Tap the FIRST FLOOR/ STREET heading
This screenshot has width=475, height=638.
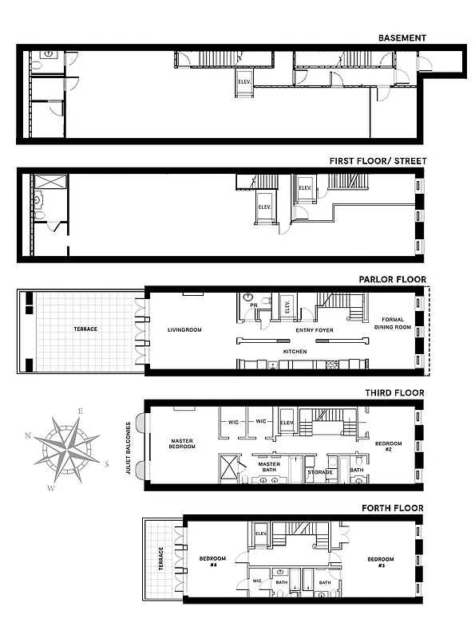(378, 161)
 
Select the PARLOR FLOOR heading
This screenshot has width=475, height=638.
(392, 280)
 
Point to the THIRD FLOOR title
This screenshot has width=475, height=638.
(394, 393)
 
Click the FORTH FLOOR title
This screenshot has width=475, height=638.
(394, 508)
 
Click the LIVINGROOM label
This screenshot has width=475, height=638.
(184, 329)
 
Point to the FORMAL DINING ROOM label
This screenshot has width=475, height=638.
(391, 323)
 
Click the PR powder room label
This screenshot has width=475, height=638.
(252, 304)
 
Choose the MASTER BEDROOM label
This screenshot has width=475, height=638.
(182, 443)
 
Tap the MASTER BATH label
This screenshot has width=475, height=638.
(267, 467)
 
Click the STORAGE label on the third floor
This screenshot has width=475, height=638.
(319, 472)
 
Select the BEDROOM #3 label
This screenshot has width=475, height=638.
(381, 562)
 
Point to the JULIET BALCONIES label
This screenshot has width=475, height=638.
(128, 448)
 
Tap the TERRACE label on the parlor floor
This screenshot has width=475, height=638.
(85, 329)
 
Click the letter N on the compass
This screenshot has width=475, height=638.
(28, 435)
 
